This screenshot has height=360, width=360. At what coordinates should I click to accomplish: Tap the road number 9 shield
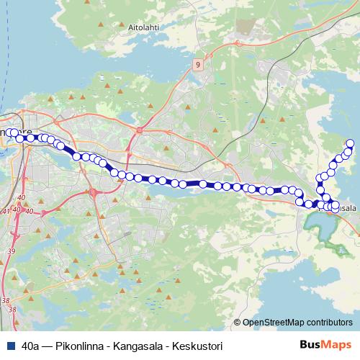197,65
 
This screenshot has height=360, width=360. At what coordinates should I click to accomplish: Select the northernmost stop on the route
351,143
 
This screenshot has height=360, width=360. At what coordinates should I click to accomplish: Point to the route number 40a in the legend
31,346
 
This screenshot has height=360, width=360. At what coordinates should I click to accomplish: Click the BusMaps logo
325,346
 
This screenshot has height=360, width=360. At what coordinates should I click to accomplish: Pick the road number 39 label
11,251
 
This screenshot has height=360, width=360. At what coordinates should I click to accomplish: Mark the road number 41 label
7,211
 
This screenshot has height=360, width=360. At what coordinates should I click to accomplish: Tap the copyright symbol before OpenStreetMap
238,323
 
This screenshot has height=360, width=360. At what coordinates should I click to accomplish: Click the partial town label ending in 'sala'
348,207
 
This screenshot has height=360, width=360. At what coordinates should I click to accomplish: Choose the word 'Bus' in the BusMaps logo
310,346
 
